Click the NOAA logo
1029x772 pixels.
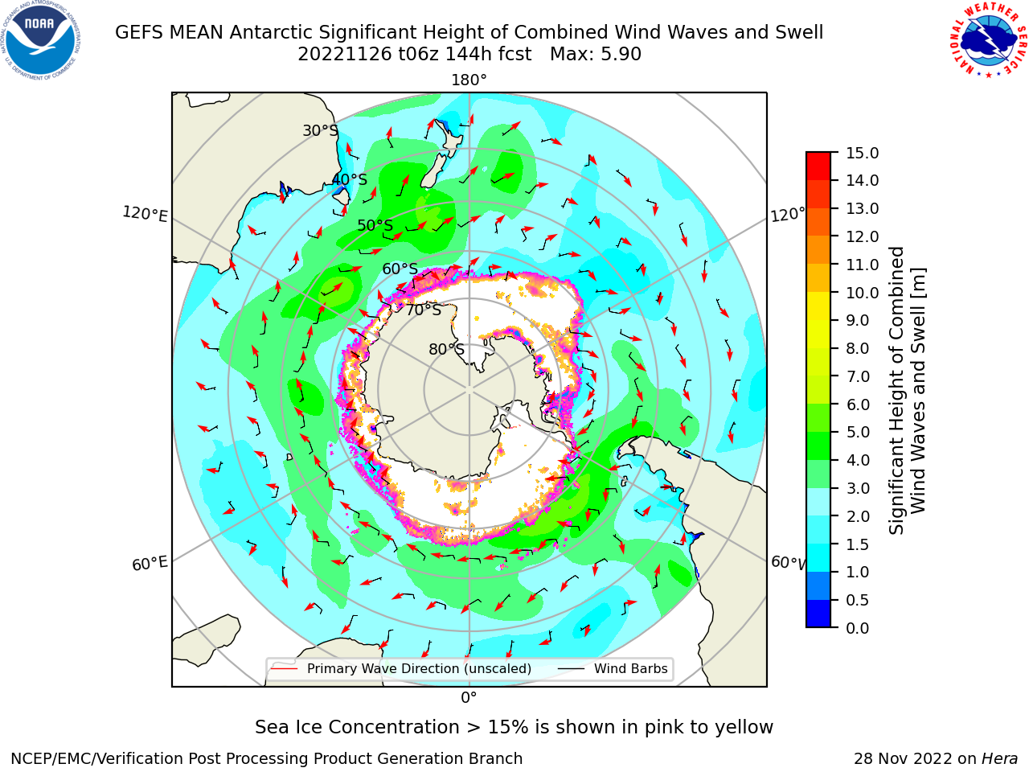pyautogui.click(x=41, y=41)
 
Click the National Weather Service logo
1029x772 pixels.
pyautogui.click(x=989, y=40)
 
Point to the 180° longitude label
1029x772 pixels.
pyautogui.click(x=469, y=80)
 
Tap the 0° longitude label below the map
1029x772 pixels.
pyautogui.click(x=469, y=698)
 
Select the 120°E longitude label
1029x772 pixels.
pyautogui.click(x=145, y=214)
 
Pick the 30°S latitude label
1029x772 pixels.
pyautogui.click(x=320, y=130)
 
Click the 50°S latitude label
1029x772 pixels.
pyautogui.click(x=375, y=225)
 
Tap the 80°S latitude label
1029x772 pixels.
pyautogui.click(x=446, y=349)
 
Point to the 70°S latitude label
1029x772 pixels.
pyautogui.click(x=424, y=310)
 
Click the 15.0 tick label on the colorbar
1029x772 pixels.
pyautogui.click(x=862, y=153)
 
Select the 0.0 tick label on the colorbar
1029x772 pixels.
pyautogui.click(x=858, y=628)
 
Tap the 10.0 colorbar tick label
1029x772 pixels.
pyautogui.click(x=862, y=293)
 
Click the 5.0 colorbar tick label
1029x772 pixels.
pyautogui.click(x=858, y=432)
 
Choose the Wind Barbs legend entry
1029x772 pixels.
pyautogui.click(x=613, y=668)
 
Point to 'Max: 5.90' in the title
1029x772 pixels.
pyautogui.click(x=596, y=55)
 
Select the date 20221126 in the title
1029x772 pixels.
pyautogui.click(x=345, y=55)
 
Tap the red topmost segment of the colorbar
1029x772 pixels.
pyautogui.click(x=818, y=166)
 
